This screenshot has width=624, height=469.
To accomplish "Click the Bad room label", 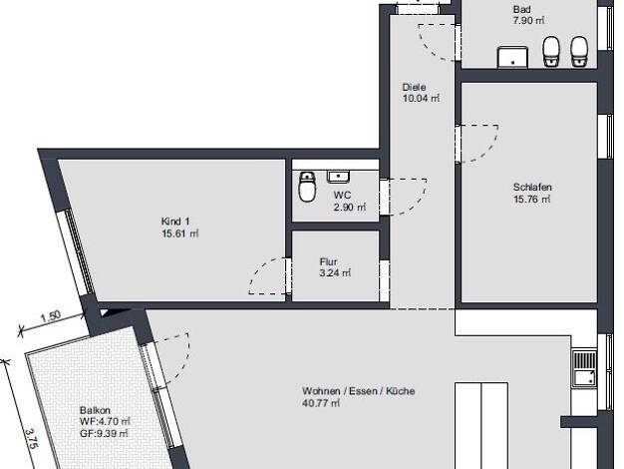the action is click(x=521, y=9).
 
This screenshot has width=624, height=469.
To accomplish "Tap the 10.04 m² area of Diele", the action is click(x=421, y=98).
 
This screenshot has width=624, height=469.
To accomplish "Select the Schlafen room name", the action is click(x=532, y=187).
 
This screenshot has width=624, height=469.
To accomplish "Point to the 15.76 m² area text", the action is click(x=532, y=199).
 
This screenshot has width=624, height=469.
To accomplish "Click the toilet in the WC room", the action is click(x=307, y=187).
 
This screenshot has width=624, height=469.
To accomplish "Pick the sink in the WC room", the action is click(x=338, y=177).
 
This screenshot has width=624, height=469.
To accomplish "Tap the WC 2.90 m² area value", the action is click(x=350, y=208).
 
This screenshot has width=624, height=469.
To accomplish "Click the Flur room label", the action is click(x=328, y=261).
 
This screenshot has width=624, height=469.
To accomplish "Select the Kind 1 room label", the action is click(x=175, y=222).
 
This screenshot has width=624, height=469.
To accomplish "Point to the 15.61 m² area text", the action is click(x=179, y=234).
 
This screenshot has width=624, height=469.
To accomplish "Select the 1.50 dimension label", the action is click(x=51, y=316).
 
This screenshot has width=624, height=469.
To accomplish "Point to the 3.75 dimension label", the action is click(x=31, y=439).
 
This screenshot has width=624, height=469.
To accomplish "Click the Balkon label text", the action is click(x=95, y=410).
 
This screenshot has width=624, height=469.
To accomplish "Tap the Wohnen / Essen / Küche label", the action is click(x=358, y=391).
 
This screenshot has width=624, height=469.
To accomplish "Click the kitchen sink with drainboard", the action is click(x=584, y=368).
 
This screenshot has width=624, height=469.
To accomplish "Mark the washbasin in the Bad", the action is click(x=513, y=57).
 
